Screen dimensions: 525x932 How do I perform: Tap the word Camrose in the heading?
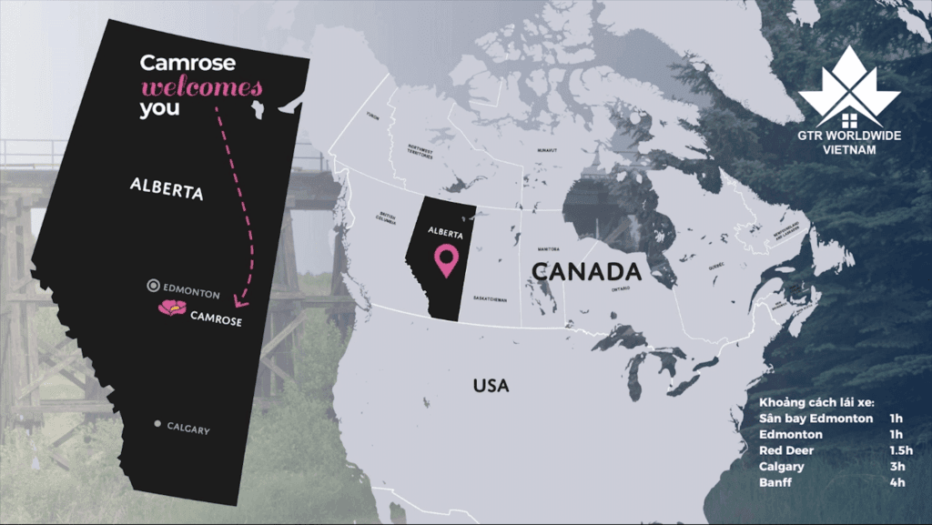[x=187, y=63]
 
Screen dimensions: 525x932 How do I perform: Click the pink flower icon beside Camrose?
[x=171, y=308]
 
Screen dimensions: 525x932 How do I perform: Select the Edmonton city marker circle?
[x=154, y=286]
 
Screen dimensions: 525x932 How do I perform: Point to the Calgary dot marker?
[x=157, y=424]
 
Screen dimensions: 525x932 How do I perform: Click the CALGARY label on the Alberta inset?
[x=188, y=429]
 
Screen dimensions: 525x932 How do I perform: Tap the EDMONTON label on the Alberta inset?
[x=193, y=293]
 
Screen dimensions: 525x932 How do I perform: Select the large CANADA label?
[x=586, y=271]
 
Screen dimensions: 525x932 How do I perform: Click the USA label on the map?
[x=491, y=386]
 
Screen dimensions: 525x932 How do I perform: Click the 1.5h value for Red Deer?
[x=899, y=450]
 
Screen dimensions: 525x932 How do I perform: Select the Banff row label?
[x=775, y=482]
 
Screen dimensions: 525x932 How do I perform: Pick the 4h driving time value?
[x=897, y=482]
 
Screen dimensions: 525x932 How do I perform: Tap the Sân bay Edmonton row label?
[x=815, y=419]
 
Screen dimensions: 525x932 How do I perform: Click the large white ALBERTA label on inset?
[x=166, y=188]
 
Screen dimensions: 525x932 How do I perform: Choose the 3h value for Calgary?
[x=897, y=466]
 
